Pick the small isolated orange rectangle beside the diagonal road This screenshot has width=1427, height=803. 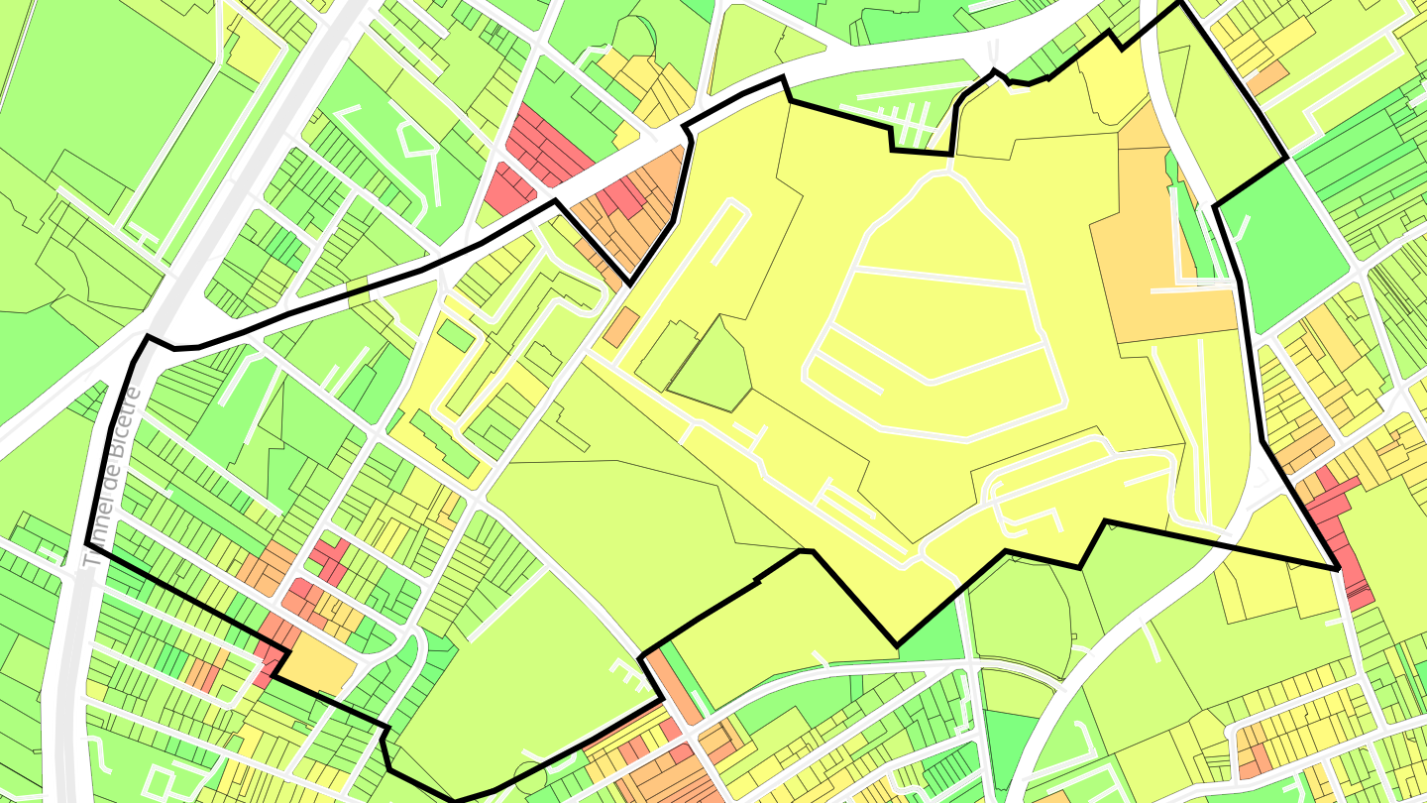[x=621, y=326]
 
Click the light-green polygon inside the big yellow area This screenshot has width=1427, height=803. [x=712, y=367]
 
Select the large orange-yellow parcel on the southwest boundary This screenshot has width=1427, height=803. [x=319, y=663]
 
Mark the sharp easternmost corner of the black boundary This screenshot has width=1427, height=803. [x=1339, y=569]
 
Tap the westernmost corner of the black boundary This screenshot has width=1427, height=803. [x=88, y=543]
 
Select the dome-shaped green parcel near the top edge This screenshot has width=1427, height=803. [x=634, y=36]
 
